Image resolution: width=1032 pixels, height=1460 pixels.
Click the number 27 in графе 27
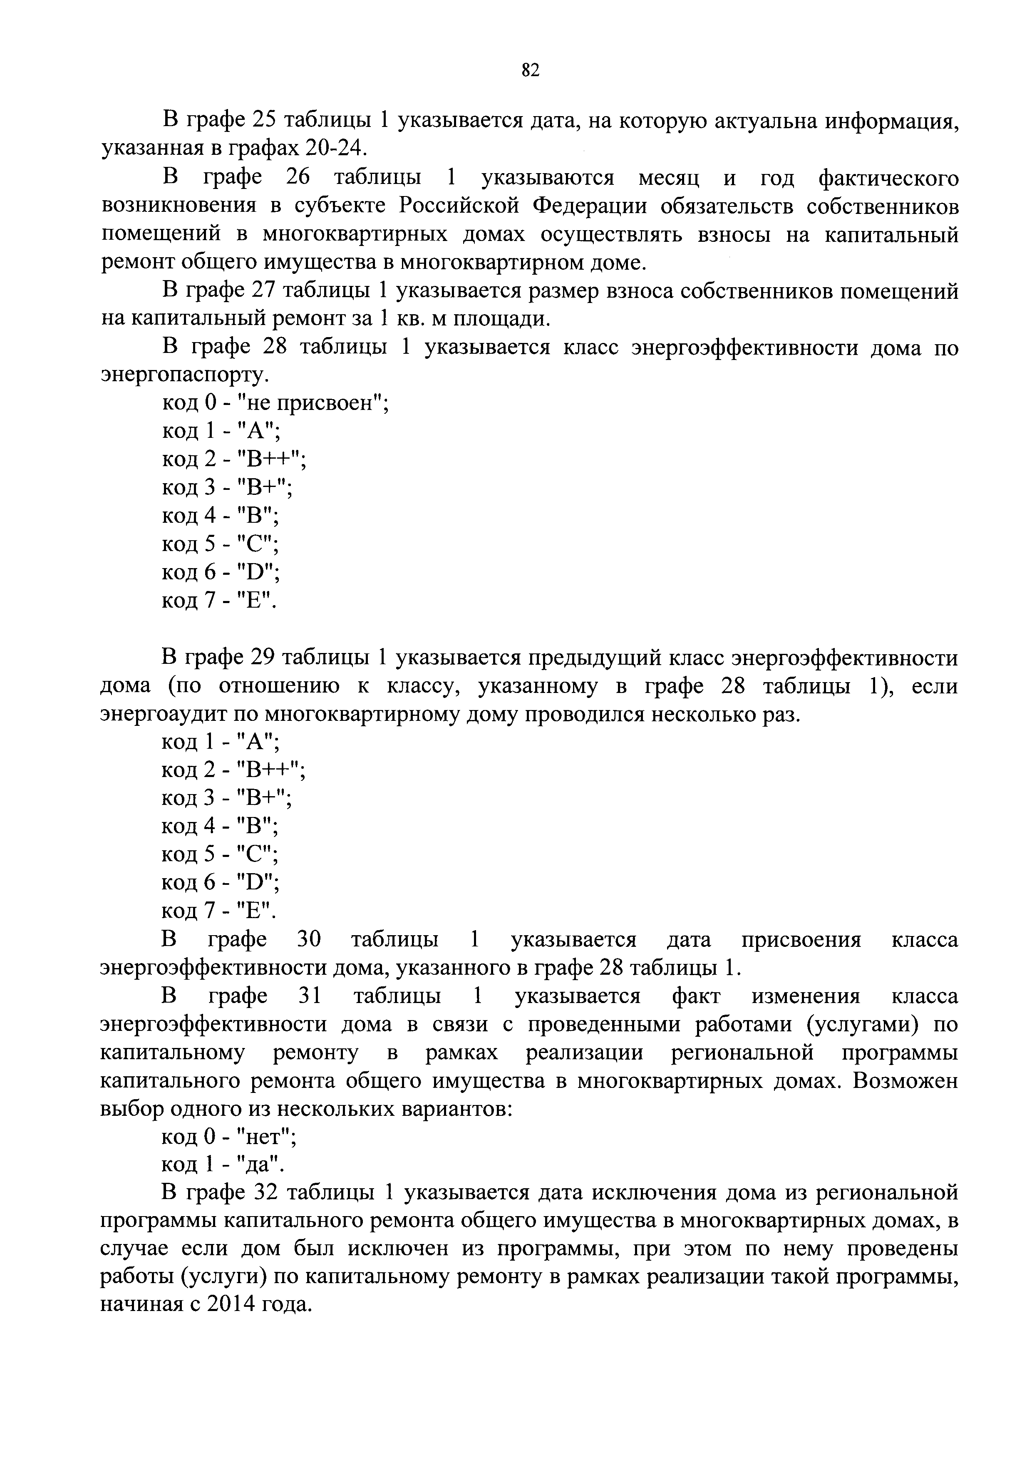[x=263, y=291]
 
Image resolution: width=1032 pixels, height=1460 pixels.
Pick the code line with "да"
[x=223, y=1165]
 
